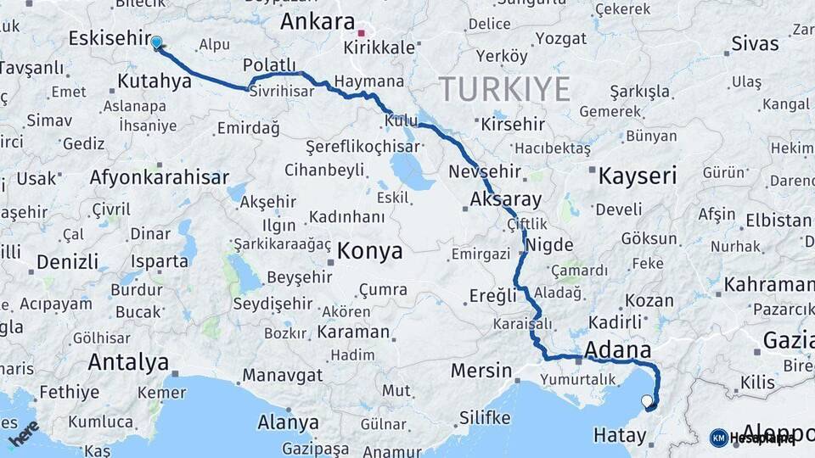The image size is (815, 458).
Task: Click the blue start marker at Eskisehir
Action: [x=156, y=42]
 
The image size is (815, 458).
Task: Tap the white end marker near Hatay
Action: [x=648, y=401]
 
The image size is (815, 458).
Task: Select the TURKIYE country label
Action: [x=504, y=88]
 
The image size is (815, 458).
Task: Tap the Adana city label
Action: [x=618, y=349]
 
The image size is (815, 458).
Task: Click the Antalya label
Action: [x=128, y=363]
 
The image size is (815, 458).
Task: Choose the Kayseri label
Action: [x=637, y=176]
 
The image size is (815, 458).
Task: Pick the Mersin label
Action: [x=481, y=371]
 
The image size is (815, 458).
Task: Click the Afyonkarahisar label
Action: [x=160, y=178]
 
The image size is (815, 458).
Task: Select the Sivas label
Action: [x=755, y=43]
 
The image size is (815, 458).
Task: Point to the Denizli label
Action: [x=68, y=260]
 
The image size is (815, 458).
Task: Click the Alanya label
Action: [x=288, y=422]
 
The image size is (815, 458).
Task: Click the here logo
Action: [x=24, y=434]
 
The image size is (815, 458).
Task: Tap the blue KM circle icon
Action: [x=718, y=438]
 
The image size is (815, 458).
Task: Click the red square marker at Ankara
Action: [x=362, y=34]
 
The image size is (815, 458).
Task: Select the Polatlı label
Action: [x=269, y=65]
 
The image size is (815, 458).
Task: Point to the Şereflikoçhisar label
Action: [x=351, y=146]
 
